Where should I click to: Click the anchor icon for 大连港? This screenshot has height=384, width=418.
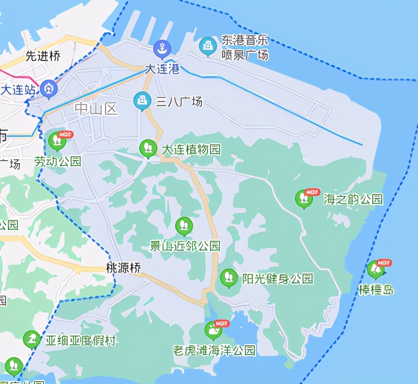point(162,49)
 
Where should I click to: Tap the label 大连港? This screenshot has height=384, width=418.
point(162,69)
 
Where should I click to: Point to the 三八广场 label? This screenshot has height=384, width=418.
point(179,102)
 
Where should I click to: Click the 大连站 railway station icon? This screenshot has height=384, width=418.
point(49,89)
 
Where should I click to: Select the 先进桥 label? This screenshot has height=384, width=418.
point(43,56)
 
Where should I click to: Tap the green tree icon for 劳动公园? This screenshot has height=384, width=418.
point(57,141)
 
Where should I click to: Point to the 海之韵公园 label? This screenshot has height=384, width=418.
point(353,199)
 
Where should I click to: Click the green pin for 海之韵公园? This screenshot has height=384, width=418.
point(304,198)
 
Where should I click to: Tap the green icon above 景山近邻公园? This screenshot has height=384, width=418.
point(184,226)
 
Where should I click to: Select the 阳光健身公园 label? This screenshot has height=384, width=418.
point(278,278)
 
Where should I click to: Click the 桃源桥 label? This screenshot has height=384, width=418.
point(124,268)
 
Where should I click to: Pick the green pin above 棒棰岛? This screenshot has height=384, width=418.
point(376,269)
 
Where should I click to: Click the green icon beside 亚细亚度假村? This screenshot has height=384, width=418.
point(32,340)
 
